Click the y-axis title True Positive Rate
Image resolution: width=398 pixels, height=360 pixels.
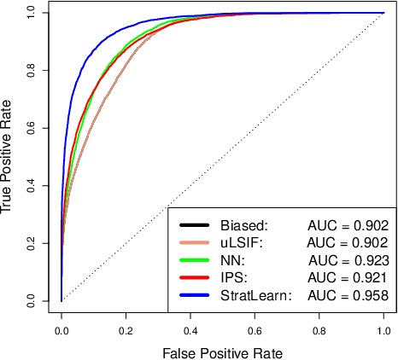click(9, 156)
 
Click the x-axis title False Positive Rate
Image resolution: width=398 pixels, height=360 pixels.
click(222, 351)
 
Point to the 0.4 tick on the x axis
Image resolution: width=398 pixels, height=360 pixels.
click(190, 313)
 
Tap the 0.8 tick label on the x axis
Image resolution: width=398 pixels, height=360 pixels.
click(319, 327)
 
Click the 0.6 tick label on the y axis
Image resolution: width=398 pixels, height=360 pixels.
click(32, 128)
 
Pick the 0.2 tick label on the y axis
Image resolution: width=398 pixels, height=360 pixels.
click(32, 243)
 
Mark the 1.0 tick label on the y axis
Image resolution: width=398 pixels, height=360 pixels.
click(32, 13)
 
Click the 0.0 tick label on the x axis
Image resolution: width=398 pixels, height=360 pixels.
click(61, 327)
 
